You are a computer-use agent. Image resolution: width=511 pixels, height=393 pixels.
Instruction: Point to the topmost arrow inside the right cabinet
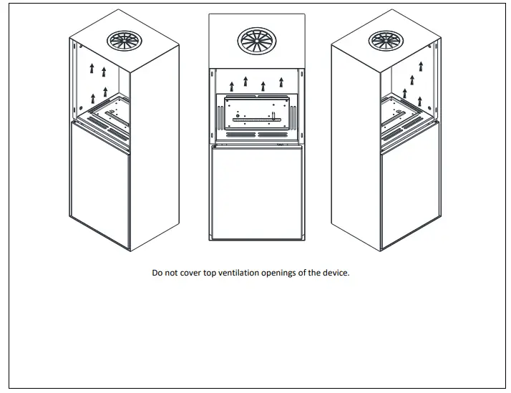[x=421, y=67]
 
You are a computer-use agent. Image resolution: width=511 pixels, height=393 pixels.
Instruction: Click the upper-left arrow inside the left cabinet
[x=92, y=69]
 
